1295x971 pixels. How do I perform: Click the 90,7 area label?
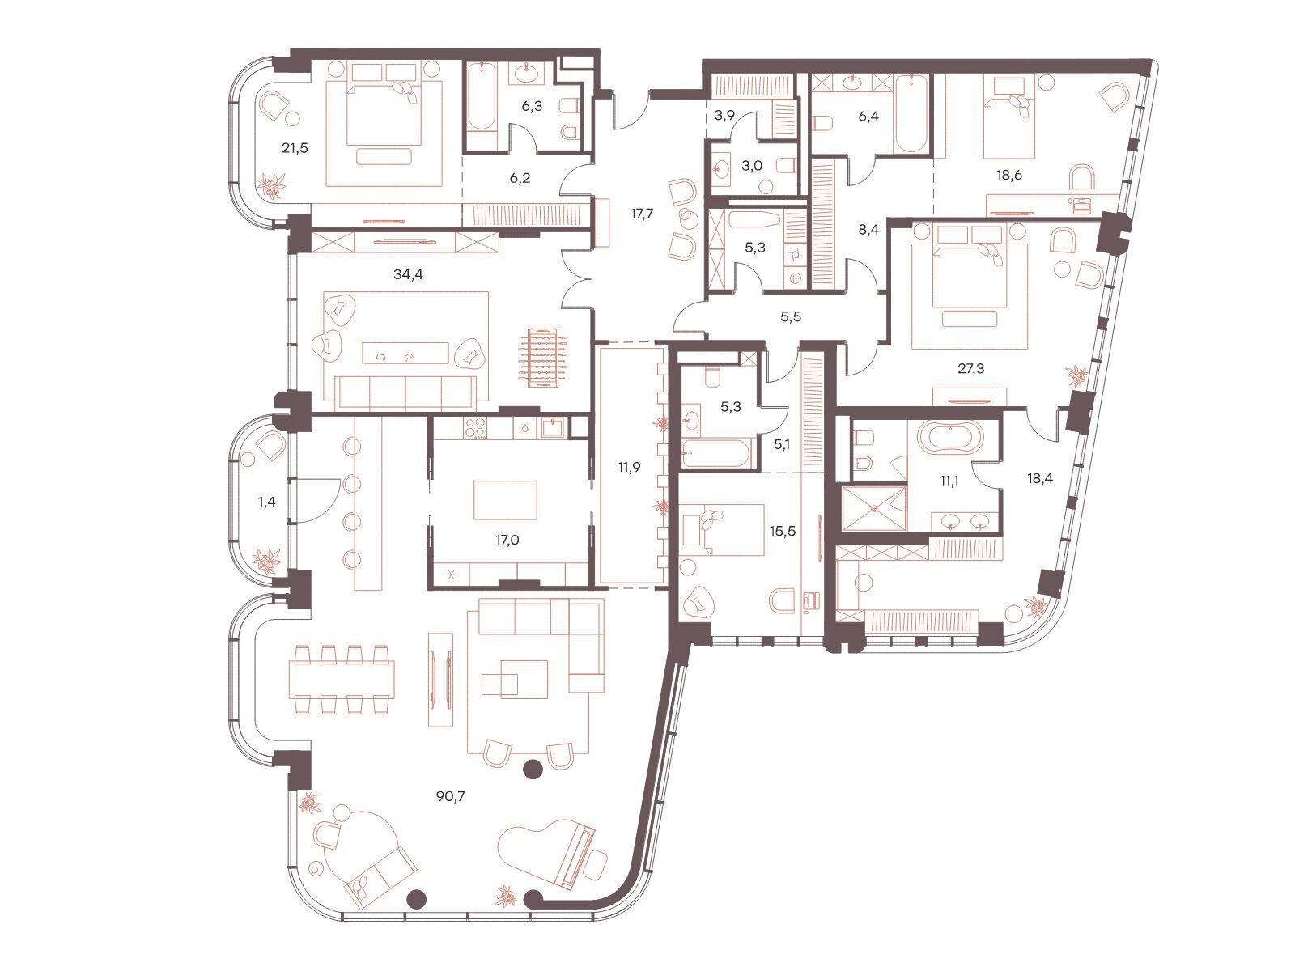tap(451, 796)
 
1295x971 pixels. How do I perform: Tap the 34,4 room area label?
tap(408, 274)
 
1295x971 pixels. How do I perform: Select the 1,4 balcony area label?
tap(266, 502)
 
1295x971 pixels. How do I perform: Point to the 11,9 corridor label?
tap(630, 468)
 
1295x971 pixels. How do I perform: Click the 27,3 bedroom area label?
tap(970, 369)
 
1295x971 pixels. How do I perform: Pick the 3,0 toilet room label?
tap(752, 166)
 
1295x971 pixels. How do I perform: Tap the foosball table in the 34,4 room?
tap(543, 358)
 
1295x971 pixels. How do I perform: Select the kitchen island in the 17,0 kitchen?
tap(506, 500)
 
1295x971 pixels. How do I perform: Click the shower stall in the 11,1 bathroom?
tap(874, 507)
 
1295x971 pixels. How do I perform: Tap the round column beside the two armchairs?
tap(533, 770)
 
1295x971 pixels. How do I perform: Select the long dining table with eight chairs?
tap(342, 680)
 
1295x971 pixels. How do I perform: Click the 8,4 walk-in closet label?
tap(868, 230)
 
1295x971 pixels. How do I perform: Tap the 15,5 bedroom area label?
tap(783, 531)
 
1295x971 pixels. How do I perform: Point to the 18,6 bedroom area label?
tap(1008, 175)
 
